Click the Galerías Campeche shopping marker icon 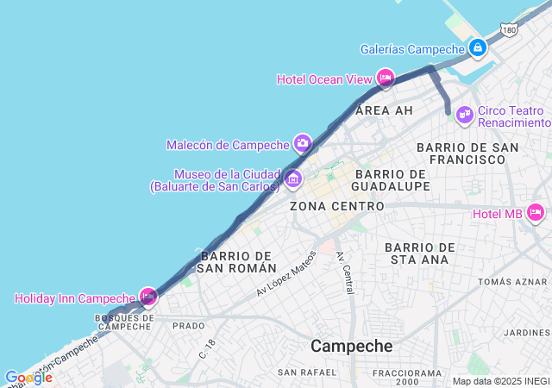pyautogui.click(x=477, y=48)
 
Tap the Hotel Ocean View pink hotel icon pyautogui.click(x=385, y=78)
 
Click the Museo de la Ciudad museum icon pyautogui.click(x=293, y=179)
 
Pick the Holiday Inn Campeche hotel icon pyautogui.click(x=148, y=297)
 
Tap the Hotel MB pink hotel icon pyautogui.click(x=535, y=213)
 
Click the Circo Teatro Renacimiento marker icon pyautogui.click(x=465, y=114)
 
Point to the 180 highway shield pyautogui.click(x=509, y=31)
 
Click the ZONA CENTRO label pyautogui.click(x=337, y=207)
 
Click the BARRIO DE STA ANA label pyautogui.click(x=417, y=253)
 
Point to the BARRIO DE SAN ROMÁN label pyautogui.click(x=236, y=262)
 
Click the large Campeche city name pyautogui.click(x=351, y=346)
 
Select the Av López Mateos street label pyautogui.click(x=286, y=275)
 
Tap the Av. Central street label pyautogui.click(x=345, y=272)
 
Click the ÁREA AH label pyautogui.click(x=384, y=110)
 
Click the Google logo pyautogui.click(x=28, y=378)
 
